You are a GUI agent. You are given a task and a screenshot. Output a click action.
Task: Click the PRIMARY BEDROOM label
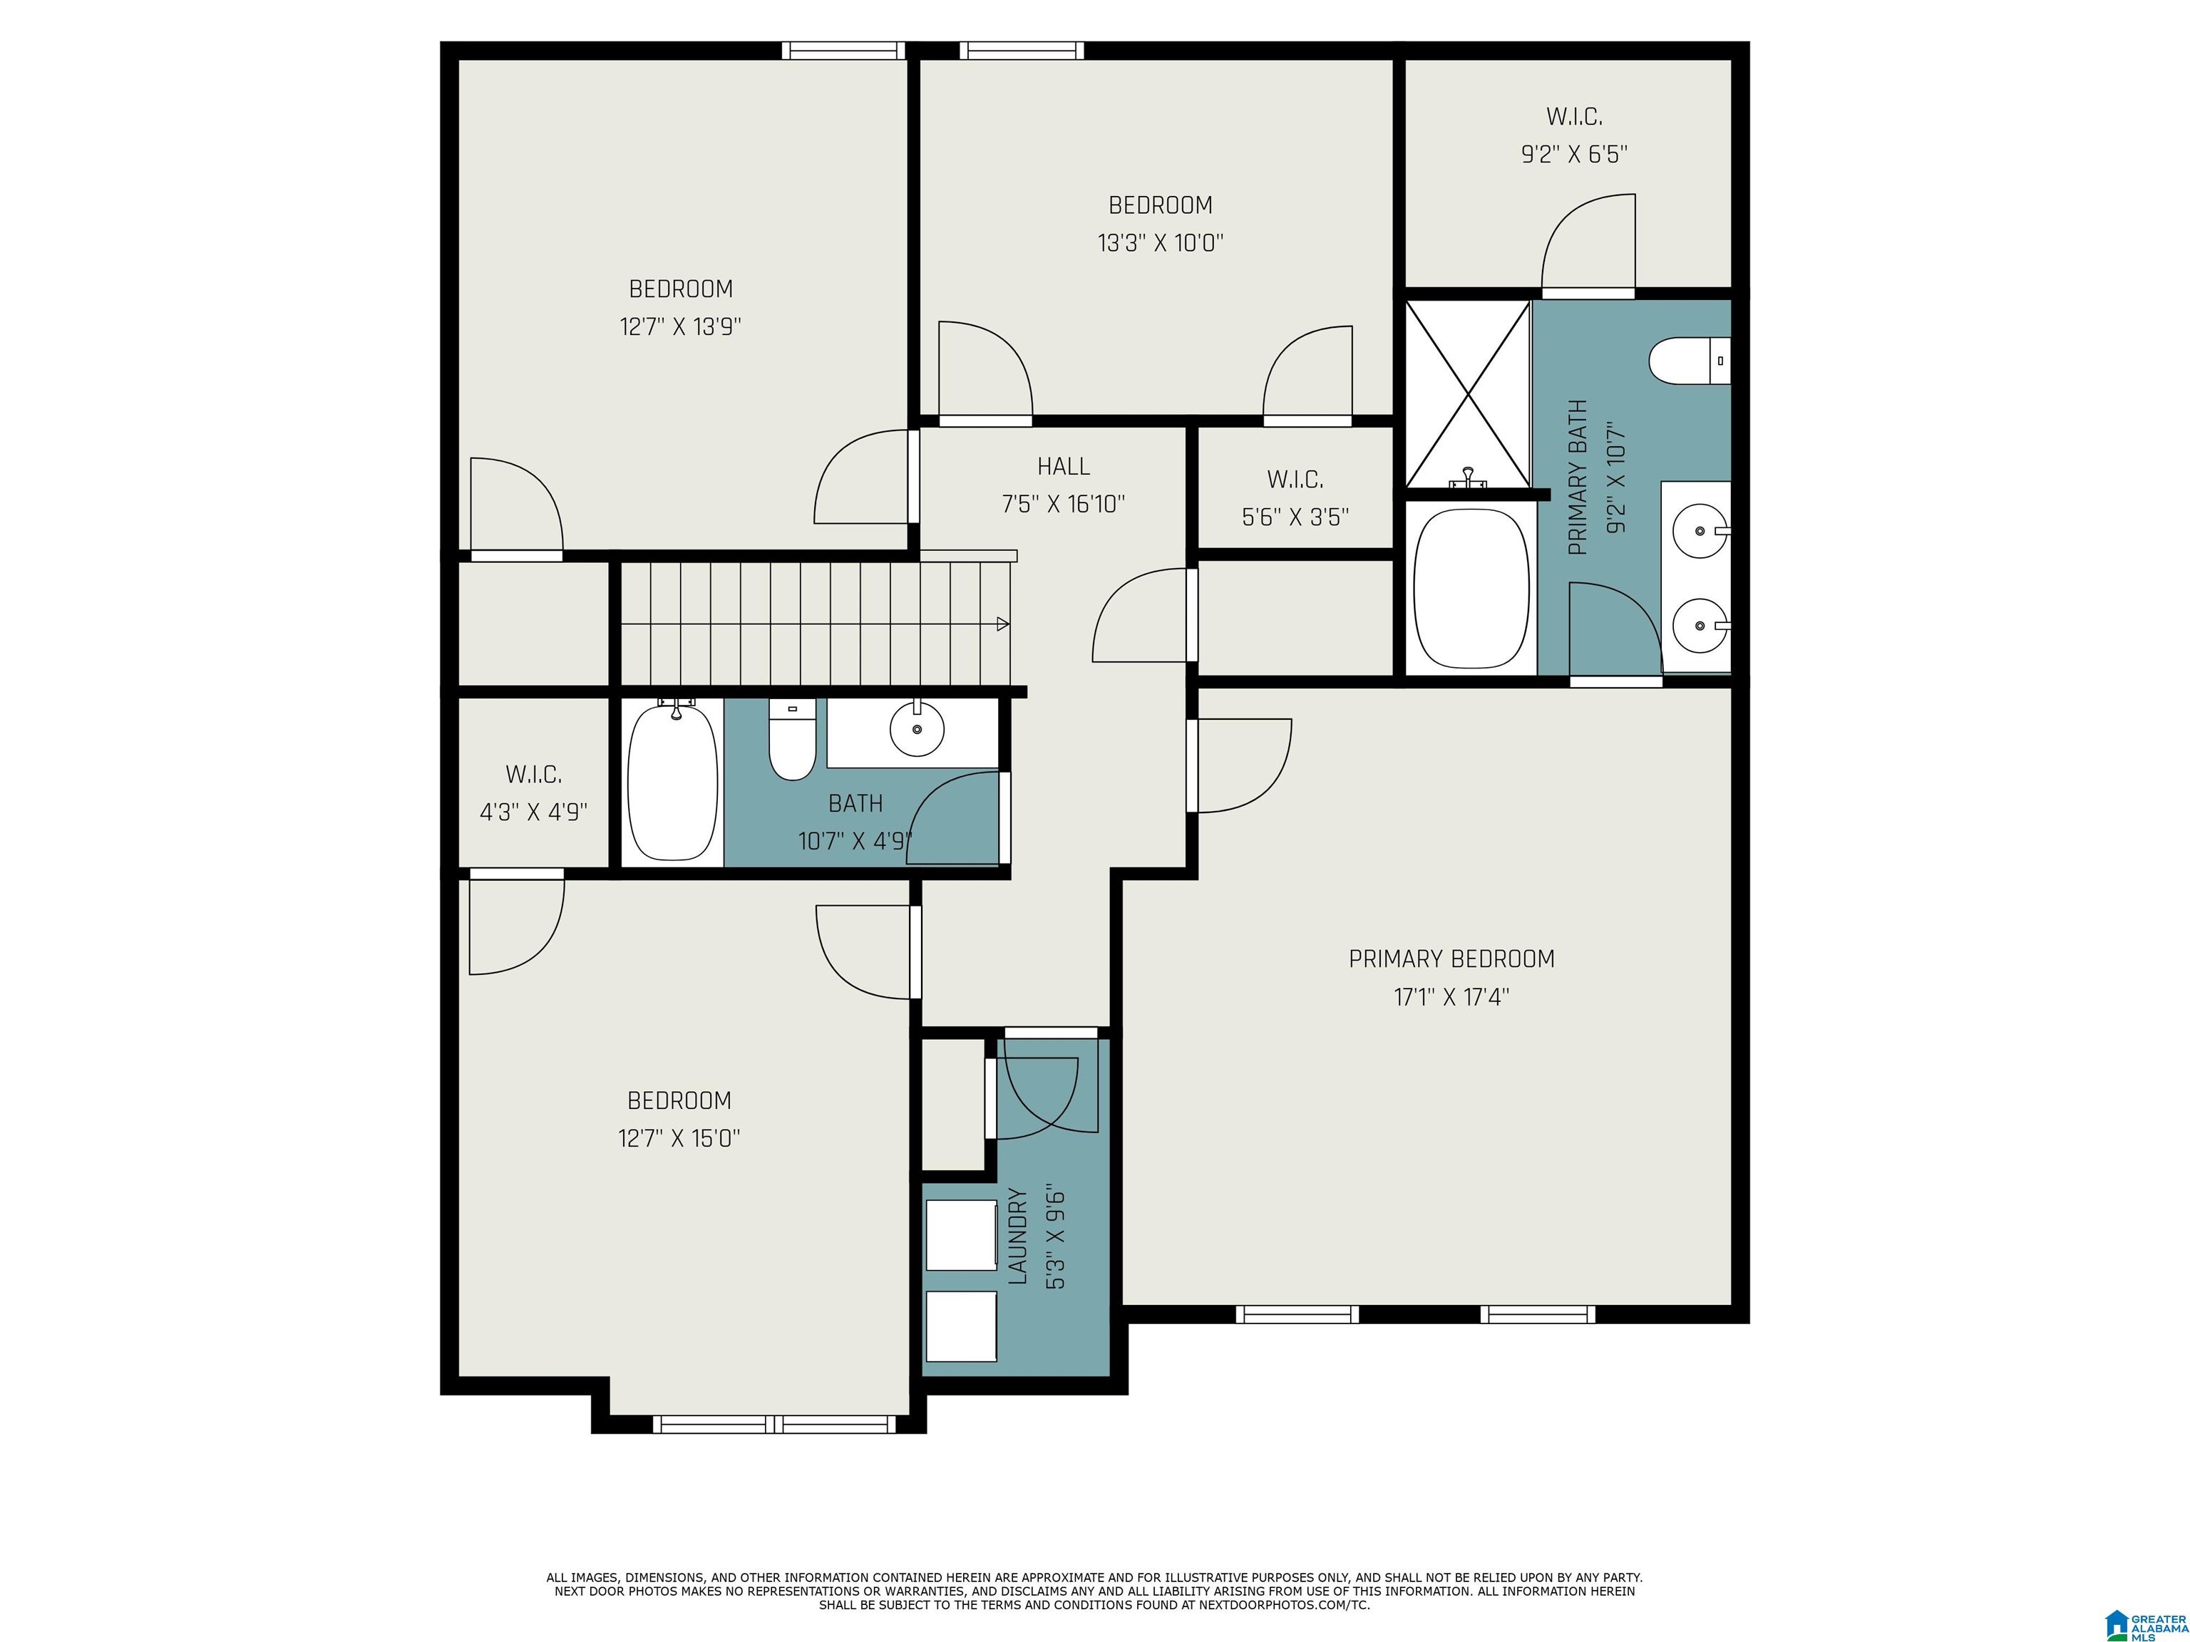(x=1451, y=958)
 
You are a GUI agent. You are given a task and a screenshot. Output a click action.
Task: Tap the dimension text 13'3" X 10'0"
(x=1161, y=242)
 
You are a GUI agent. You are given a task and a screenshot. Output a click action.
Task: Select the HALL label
(x=1064, y=466)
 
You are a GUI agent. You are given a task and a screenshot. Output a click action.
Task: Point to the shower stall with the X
(x=1467, y=394)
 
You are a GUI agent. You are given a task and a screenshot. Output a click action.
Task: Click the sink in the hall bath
(x=917, y=730)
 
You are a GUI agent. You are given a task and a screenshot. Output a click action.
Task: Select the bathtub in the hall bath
(x=673, y=782)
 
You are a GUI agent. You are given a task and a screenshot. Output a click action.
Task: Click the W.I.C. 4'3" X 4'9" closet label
(x=534, y=774)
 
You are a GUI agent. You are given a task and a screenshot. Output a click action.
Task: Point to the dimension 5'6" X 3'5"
(x=1295, y=517)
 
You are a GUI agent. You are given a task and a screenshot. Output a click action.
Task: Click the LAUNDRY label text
(x=1018, y=1236)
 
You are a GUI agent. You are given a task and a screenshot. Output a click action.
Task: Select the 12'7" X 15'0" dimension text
(x=679, y=1138)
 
